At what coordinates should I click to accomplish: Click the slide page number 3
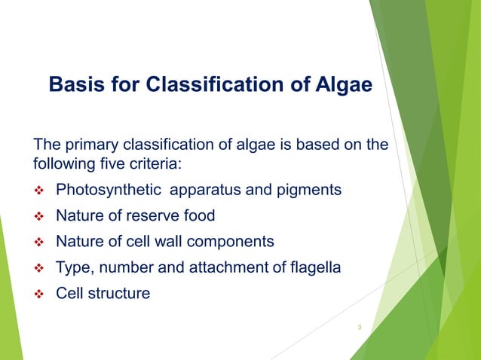click(x=360, y=327)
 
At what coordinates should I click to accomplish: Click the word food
click(x=198, y=216)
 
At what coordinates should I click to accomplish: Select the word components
click(x=233, y=242)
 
